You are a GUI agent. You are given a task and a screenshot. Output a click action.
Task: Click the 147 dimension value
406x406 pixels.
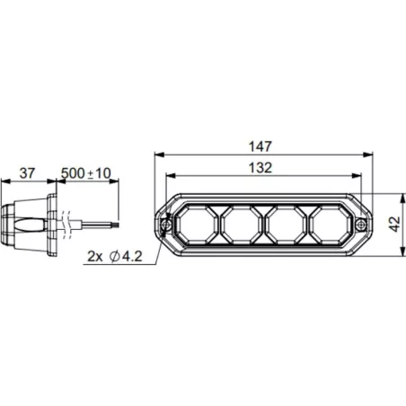[x=260, y=146]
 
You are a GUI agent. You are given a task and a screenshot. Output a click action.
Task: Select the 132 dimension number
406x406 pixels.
[x=260, y=168]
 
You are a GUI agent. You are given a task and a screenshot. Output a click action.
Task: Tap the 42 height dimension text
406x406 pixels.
[x=395, y=224]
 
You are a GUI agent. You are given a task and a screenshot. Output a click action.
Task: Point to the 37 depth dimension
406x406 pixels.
[x=27, y=173]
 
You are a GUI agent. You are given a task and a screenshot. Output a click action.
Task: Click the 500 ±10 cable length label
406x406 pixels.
[x=86, y=173]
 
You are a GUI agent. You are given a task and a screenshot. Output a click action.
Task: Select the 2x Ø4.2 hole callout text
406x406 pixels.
[x=115, y=257]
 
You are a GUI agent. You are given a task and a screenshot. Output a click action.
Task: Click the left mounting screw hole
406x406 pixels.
[x=166, y=225]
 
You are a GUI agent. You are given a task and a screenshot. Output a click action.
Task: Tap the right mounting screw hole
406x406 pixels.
[x=361, y=224]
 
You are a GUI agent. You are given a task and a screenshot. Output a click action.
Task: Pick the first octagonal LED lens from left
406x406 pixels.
[x=196, y=225]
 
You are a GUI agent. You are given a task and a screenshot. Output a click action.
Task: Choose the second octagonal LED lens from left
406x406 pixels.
[x=242, y=225]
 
